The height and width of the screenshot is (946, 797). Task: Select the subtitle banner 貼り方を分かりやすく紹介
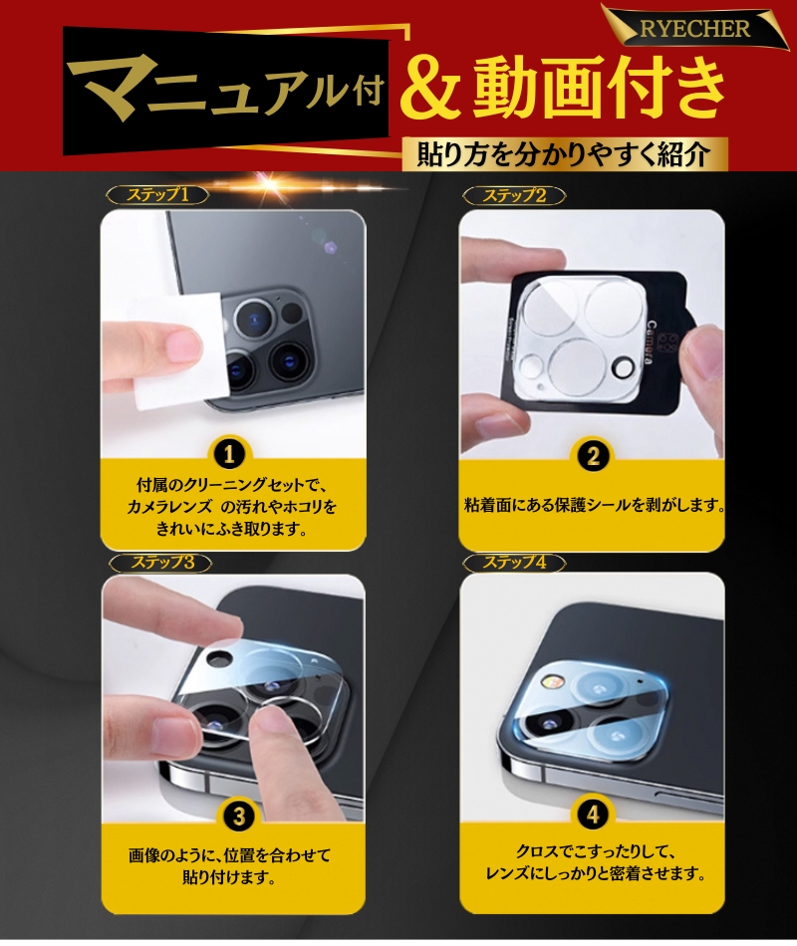click(564, 154)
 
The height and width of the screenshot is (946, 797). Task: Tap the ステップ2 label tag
click(514, 195)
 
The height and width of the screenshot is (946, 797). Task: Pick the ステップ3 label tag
click(157, 562)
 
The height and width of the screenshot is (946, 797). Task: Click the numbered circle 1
click(231, 455)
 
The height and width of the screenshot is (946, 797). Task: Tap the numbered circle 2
click(593, 457)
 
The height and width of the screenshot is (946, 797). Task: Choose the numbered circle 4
click(593, 816)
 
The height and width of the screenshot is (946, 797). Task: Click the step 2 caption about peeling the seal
click(593, 505)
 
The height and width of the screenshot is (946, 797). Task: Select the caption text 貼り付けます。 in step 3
click(229, 878)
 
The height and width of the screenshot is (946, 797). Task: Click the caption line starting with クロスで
click(593, 853)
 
